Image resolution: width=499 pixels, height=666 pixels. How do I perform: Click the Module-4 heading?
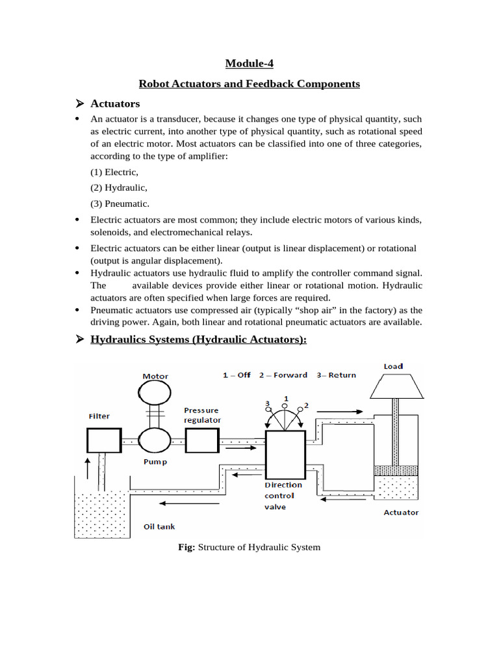[x=249, y=63]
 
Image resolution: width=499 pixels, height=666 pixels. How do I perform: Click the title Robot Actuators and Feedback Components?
[x=249, y=84]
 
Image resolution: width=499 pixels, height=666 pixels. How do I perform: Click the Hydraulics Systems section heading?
[x=199, y=340]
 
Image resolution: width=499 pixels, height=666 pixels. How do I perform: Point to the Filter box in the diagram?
[x=104, y=440]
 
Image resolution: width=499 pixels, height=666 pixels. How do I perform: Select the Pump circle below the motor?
[x=155, y=441]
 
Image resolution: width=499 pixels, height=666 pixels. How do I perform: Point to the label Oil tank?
[x=159, y=527]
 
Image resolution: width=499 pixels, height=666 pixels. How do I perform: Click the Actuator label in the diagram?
[x=401, y=513]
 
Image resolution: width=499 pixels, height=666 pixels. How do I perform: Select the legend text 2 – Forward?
[x=283, y=375]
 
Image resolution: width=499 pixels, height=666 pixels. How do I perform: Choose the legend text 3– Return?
[x=336, y=375]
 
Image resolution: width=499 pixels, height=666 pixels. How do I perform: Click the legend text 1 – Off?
[x=237, y=375]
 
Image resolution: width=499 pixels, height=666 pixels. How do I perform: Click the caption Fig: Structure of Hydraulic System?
[x=249, y=548]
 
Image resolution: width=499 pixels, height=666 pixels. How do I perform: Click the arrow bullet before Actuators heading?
[x=81, y=103]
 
